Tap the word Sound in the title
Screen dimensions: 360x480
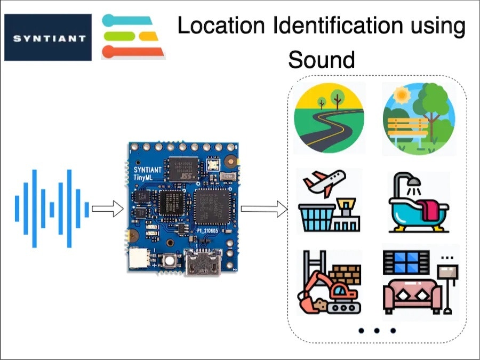[x=321, y=59]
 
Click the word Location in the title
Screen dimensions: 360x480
[x=220, y=26]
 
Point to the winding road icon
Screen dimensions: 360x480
[x=329, y=118]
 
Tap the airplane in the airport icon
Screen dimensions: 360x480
[x=324, y=182]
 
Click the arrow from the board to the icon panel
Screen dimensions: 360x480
[x=263, y=210]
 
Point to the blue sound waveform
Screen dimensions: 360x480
[x=51, y=209]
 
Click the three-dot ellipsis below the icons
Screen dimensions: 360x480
[x=377, y=331]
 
